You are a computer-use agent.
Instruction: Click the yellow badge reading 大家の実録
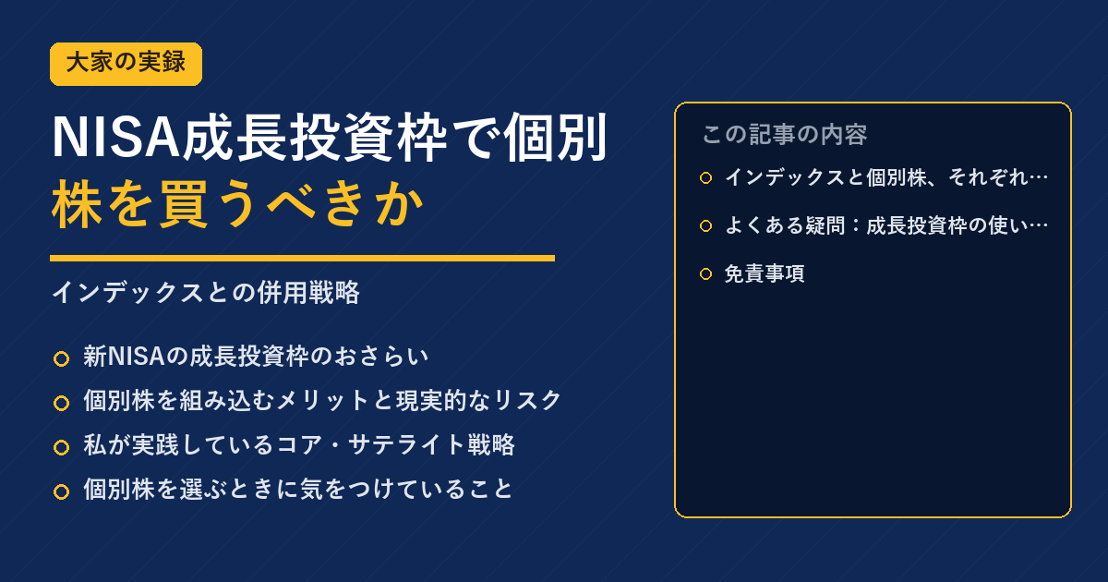coord(126,64)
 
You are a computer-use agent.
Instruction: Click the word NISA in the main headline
coord(115,138)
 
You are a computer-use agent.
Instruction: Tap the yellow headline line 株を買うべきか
coord(237,204)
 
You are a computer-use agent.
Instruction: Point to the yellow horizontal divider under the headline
coord(302,258)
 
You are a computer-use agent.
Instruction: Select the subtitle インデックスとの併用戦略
coord(206,292)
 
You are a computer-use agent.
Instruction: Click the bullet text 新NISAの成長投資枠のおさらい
coord(255,357)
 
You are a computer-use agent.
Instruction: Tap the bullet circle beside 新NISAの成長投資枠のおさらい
coord(61,358)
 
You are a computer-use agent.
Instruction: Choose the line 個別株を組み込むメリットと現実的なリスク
coord(322,400)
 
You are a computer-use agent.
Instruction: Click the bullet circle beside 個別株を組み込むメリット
coord(61,403)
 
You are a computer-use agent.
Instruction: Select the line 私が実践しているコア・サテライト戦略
coord(299,444)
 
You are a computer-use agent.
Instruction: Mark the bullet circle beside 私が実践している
coord(61,447)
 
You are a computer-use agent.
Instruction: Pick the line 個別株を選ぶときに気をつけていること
coord(297,489)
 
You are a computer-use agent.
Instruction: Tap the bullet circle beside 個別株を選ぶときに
coord(61,491)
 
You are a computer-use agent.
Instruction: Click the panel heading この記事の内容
coord(785,135)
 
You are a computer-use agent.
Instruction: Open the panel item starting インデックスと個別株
coord(885,177)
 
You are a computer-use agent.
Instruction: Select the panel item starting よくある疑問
coord(885,225)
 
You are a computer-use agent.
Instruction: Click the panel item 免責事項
coord(765,273)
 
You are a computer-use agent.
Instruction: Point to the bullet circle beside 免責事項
coord(705,273)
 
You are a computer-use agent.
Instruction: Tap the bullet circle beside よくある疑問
coord(705,225)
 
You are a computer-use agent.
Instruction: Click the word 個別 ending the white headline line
coord(556,138)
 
